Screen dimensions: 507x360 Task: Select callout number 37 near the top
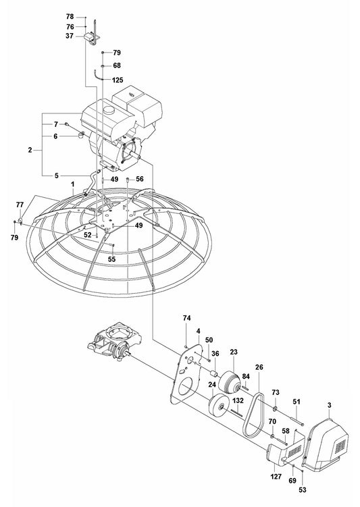coord(70,37)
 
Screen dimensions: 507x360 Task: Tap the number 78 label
coord(70,16)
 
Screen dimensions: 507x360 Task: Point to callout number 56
coord(140,179)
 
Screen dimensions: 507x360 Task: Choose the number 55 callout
coord(112,259)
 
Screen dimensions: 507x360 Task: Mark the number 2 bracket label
coord(30,149)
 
